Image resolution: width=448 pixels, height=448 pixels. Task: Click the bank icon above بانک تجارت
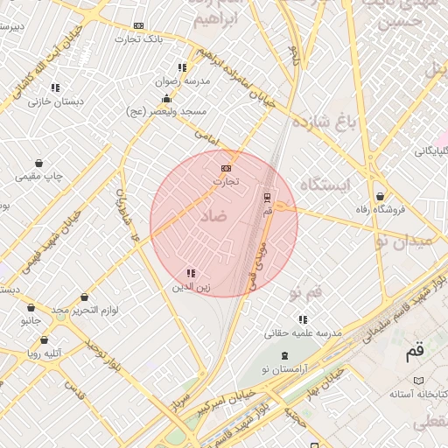click(x=138, y=26)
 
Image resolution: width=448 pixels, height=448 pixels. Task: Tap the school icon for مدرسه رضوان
click(x=182, y=67)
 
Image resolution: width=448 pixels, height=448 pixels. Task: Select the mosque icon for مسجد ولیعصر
click(x=166, y=98)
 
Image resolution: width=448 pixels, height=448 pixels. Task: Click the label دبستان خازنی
click(x=56, y=101)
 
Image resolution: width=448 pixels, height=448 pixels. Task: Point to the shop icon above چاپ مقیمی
click(x=39, y=163)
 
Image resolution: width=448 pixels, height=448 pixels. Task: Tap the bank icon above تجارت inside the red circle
click(x=227, y=167)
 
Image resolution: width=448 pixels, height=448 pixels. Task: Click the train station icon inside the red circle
click(x=268, y=197)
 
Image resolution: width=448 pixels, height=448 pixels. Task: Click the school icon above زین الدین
click(x=191, y=274)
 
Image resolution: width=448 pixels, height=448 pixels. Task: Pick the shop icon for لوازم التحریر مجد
click(x=84, y=297)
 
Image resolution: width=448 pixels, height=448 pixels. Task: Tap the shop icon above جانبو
click(x=31, y=308)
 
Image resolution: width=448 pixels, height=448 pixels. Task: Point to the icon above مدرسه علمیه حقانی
click(x=303, y=320)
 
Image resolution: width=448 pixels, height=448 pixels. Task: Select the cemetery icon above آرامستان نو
click(x=284, y=355)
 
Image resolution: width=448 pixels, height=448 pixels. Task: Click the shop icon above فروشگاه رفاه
click(x=380, y=197)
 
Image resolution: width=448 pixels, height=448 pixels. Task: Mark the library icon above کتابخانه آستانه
click(x=417, y=381)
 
